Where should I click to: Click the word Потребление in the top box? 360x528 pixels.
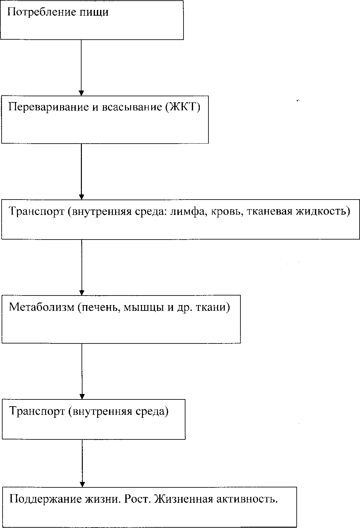tap(42, 12)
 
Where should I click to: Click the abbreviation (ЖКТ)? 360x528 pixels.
tap(182, 107)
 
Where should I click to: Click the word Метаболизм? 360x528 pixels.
tap(42, 307)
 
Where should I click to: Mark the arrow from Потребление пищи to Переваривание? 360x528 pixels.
tap(81, 68)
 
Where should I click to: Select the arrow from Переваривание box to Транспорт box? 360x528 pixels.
tap(82, 172)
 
